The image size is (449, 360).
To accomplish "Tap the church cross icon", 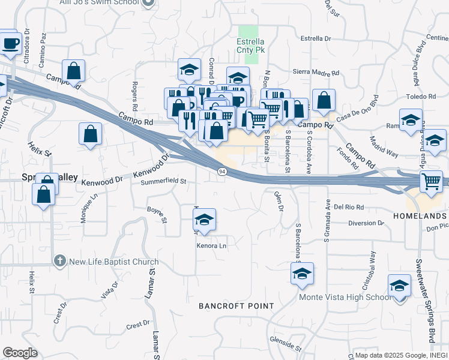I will (x=59, y=261).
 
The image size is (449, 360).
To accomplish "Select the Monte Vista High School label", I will (x=345, y=297).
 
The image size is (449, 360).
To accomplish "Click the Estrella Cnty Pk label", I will (x=252, y=46).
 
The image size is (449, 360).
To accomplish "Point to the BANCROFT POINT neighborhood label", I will (x=237, y=306).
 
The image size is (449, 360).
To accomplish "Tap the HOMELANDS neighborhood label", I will (x=420, y=215).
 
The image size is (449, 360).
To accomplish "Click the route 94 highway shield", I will (x=223, y=172).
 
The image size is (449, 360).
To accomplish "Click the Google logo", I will (x=20, y=352).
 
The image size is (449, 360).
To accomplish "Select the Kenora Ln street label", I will (x=212, y=246).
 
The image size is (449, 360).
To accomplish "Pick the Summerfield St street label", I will (x=164, y=181).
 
